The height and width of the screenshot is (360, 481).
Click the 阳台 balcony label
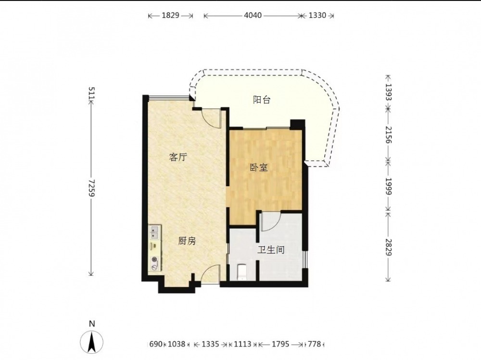[261, 100]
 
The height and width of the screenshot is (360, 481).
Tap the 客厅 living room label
[178, 157]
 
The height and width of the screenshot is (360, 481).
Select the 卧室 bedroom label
[259, 167]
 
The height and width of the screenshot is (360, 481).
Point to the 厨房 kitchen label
[187, 241]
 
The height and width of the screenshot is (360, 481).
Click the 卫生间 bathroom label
[270, 250]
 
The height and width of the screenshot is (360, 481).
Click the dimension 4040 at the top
[253, 15]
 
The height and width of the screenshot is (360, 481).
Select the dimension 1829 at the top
[170, 15]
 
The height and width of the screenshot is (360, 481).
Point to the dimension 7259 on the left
[91, 188]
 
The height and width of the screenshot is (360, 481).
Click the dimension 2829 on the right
[388, 247]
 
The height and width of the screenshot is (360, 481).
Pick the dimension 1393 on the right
[388, 92]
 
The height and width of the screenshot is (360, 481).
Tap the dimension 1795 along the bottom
[280, 344]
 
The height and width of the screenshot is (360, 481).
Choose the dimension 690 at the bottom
[156, 344]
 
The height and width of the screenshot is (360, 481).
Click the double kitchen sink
[155, 232]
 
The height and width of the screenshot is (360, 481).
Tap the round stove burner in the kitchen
[155, 260]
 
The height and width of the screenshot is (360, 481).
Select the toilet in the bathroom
[242, 272]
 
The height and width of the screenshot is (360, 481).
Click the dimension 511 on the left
[91, 93]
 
